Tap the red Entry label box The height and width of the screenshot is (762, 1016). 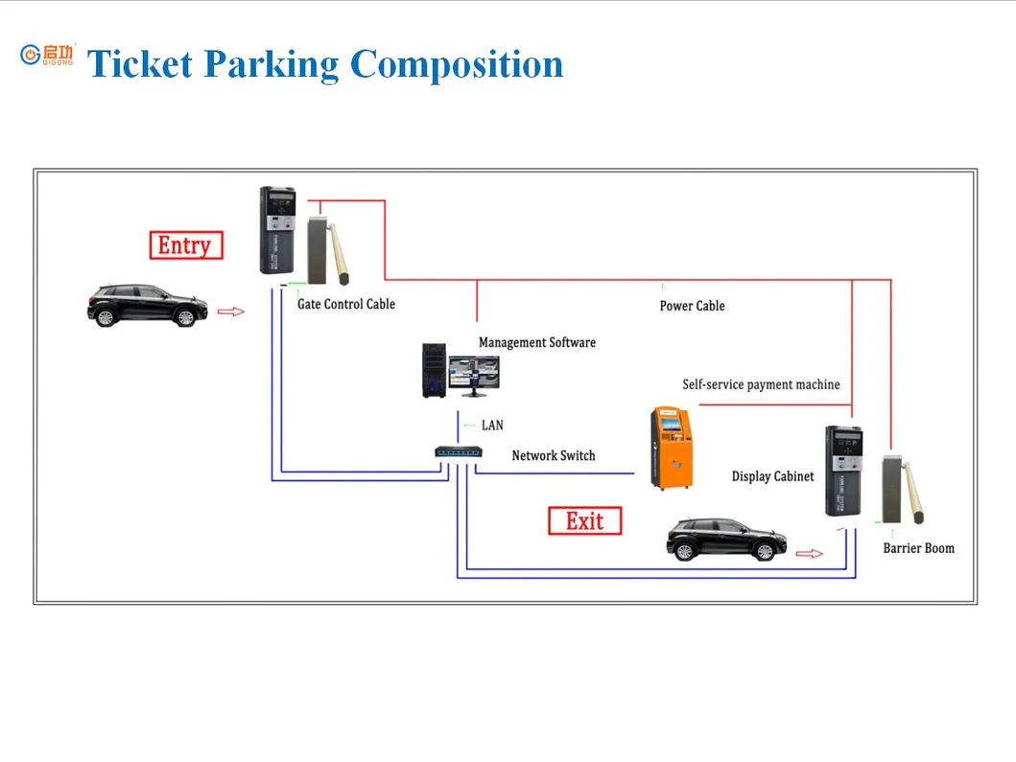click(186, 245)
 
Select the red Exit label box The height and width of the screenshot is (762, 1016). click(584, 521)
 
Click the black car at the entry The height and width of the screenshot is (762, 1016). click(148, 306)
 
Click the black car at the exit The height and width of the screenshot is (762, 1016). click(726, 539)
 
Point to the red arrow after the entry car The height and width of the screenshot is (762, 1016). click(231, 311)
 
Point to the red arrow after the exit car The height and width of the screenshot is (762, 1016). click(810, 553)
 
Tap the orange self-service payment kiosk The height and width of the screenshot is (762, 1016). click(670, 447)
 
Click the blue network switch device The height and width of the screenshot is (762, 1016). click(458, 452)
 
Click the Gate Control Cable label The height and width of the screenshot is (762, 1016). click(346, 304)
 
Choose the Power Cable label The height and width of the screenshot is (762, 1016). click(692, 306)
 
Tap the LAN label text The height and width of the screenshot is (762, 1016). click(492, 425)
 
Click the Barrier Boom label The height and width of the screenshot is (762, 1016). click(918, 548)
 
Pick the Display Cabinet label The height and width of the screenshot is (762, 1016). click(772, 476)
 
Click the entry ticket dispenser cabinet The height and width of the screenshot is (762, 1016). click(278, 230)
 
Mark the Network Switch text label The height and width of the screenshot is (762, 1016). click(553, 455)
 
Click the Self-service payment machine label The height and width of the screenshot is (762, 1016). click(761, 384)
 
